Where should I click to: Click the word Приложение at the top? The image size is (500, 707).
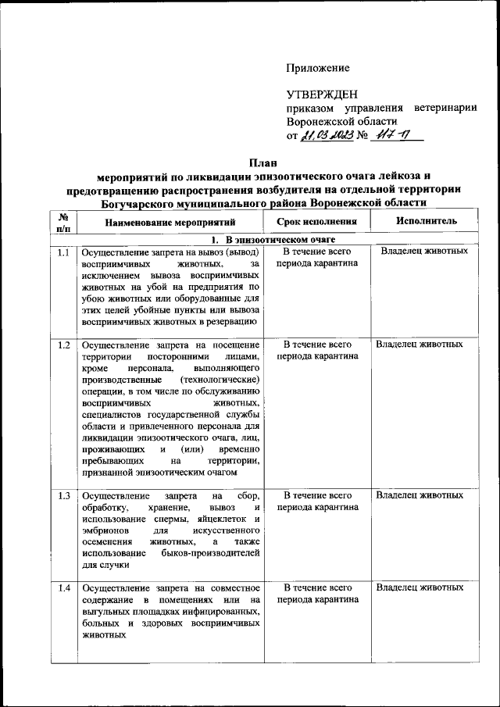[x=317, y=69]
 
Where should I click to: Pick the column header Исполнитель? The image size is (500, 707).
[x=426, y=221]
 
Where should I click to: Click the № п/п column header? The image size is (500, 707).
[x=64, y=221]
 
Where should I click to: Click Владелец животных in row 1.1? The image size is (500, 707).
[x=424, y=252]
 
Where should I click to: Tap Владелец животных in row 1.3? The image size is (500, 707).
[x=420, y=495]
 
